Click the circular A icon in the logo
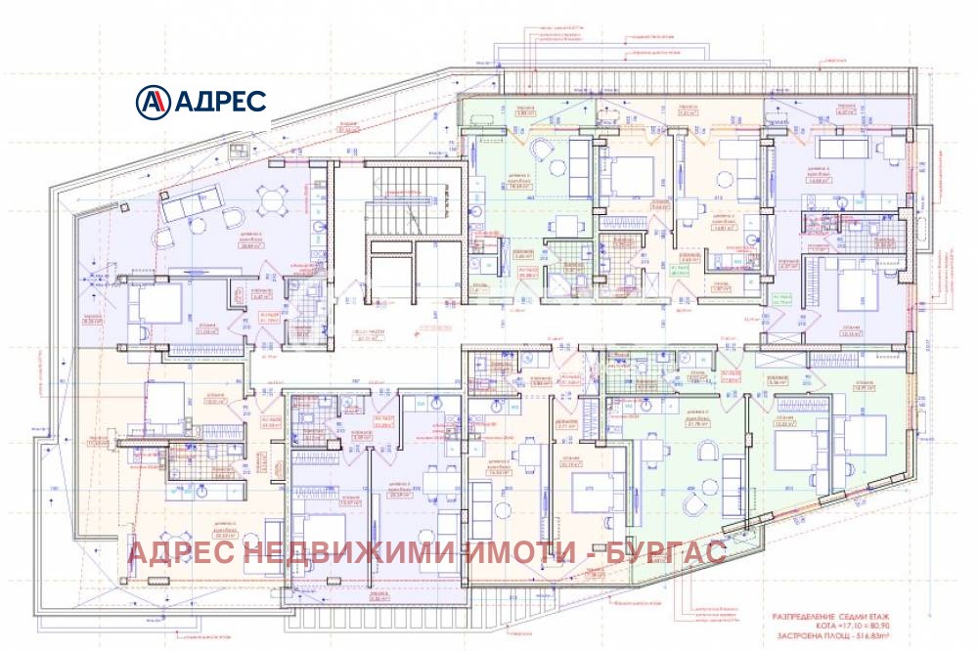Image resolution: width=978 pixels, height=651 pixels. click(x=153, y=100)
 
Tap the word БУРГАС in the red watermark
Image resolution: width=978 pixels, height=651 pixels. click(x=668, y=553)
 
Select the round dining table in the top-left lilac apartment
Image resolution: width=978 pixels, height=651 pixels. click(x=267, y=202)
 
